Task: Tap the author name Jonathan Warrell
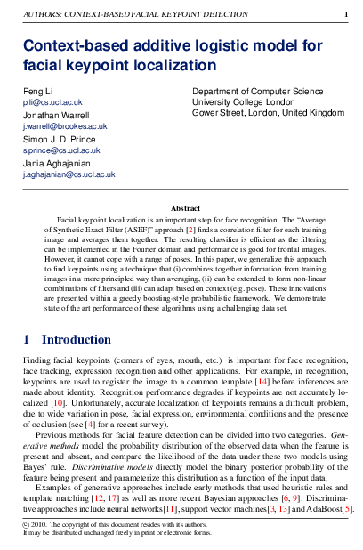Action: tap(56, 116)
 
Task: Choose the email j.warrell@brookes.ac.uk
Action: tap(65, 127)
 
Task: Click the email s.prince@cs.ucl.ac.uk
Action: tap(61, 151)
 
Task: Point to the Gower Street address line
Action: tap(268, 113)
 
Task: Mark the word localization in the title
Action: tap(171, 65)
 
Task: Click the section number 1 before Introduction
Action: tap(27, 338)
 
